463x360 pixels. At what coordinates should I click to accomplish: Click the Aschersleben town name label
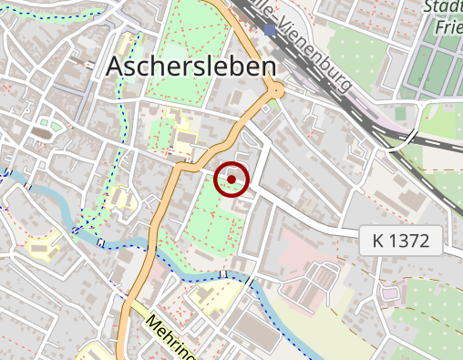pyautogui.click(x=190, y=66)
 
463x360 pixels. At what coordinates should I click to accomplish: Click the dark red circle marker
pyautogui.click(x=231, y=180)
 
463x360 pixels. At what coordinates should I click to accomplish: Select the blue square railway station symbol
pyautogui.click(x=269, y=30)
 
